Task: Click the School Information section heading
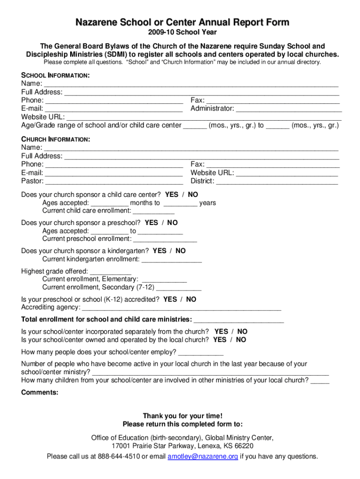click(56, 75)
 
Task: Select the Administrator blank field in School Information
click(288, 109)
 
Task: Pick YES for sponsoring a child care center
click(172, 195)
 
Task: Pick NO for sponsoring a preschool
click(173, 223)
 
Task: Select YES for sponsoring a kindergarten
click(159, 251)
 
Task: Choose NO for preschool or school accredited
click(191, 299)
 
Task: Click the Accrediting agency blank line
click(181, 308)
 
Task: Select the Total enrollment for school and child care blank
click(238, 319)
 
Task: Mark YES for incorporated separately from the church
click(221, 332)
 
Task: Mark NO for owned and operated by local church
click(241, 340)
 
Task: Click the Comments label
click(40, 392)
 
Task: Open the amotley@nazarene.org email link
click(202, 457)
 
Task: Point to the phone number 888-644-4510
click(119, 457)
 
